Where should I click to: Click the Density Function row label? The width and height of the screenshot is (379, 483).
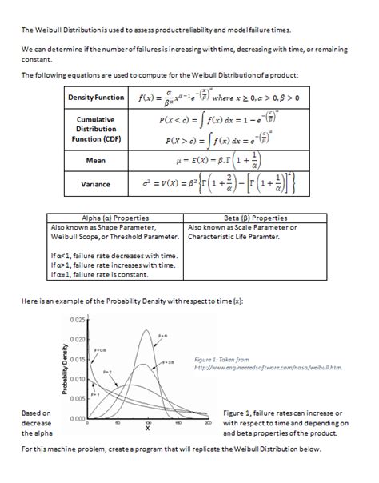click(x=97, y=98)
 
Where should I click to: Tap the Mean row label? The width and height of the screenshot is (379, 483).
click(x=97, y=160)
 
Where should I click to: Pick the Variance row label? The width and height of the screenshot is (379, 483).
click(x=97, y=185)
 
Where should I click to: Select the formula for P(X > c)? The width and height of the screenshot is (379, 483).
click(x=215, y=141)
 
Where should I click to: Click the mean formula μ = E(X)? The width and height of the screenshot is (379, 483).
click(x=215, y=160)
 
